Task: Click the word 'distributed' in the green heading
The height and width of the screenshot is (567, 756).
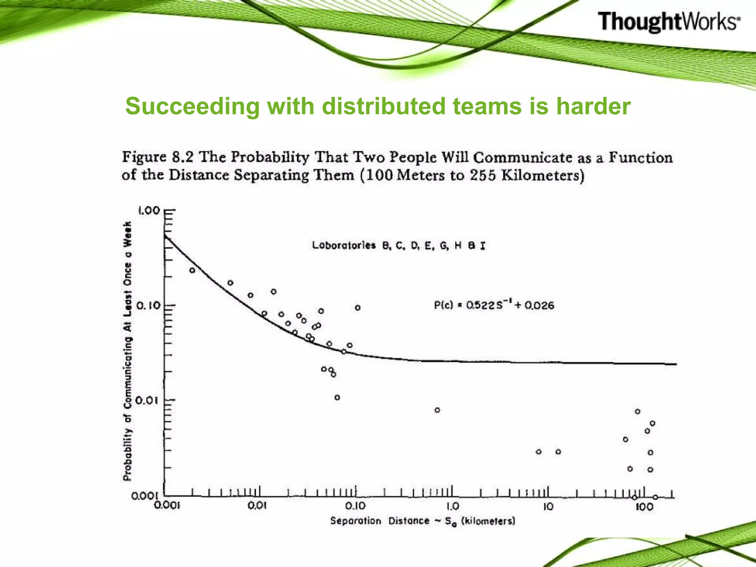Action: point(384,106)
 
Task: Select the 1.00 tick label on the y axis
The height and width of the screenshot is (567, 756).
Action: point(149,211)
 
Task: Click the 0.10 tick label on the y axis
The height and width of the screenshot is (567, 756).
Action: point(149,306)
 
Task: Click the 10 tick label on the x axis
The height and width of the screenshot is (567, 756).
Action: point(548,506)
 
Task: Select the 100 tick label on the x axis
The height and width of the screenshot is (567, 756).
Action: point(644,506)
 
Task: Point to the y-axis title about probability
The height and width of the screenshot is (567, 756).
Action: point(127,351)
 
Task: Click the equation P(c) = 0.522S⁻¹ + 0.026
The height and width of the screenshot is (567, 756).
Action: point(494,305)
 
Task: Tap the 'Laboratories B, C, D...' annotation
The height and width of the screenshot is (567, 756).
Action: point(399,245)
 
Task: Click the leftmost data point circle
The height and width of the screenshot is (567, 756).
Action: point(192,270)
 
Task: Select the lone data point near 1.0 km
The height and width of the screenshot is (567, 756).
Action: point(437,410)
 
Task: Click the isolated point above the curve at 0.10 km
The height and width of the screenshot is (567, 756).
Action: point(358,308)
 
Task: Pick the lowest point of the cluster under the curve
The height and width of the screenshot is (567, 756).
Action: point(337,398)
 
